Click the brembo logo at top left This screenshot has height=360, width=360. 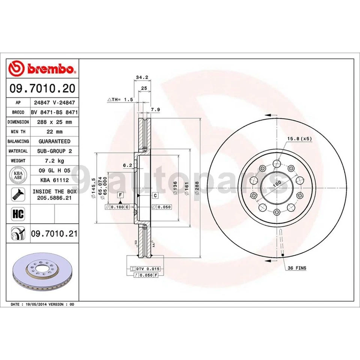click(x=42, y=69)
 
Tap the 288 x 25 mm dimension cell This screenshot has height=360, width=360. click(x=54, y=122)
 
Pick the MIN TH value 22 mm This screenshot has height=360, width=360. click(x=54, y=132)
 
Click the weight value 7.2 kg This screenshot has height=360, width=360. click(x=54, y=160)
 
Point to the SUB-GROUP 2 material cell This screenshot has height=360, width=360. click(x=54, y=151)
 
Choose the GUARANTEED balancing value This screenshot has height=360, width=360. click(x=54, y=141)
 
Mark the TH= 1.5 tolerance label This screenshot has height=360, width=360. click(x=121, y=99)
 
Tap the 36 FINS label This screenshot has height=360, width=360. click(x=297, y=268)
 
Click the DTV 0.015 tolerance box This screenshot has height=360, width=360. click(x=145, y=269)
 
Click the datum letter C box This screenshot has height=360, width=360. click(x=154, y=195)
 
